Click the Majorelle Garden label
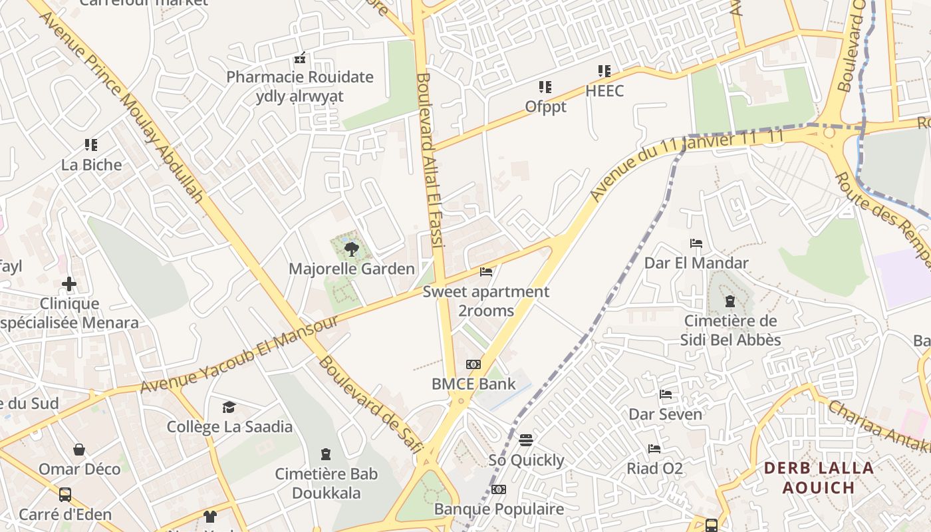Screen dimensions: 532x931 351,269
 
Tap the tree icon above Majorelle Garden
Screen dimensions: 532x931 351,250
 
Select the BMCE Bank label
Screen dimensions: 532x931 473,384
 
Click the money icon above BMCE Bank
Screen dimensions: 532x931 473,364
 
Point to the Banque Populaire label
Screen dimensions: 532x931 499,509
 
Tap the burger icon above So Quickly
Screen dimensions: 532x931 526,440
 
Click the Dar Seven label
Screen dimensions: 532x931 665,414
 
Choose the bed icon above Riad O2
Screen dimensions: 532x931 654,449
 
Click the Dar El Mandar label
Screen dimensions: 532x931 696,263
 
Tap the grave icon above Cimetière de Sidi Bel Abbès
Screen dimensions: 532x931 730,301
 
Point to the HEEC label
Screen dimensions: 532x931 604,90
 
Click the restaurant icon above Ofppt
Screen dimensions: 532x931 545,87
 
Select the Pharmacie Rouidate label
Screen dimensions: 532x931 300,76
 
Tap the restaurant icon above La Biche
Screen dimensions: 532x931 91,145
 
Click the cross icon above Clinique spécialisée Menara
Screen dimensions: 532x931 69,285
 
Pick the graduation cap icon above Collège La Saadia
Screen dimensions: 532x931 229,407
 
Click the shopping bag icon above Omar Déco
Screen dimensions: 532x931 79,450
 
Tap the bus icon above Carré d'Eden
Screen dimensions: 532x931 65,495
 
